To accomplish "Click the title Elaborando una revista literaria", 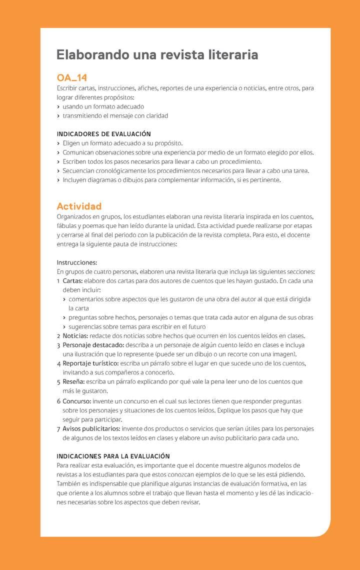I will (157, 55).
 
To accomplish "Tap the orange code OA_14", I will (72, 77).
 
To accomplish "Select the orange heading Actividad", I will (79, 206).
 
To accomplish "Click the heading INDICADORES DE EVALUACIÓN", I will (103, 134).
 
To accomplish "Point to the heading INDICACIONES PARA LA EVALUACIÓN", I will (113, 456).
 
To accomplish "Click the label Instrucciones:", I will (76, 262).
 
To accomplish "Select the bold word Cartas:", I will (72, 280).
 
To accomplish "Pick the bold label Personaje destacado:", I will (93, 345).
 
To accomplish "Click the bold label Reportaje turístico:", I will (90, 363).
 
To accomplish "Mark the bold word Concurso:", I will (76, 401).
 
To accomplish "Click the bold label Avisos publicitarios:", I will (91, 428).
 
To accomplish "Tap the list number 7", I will (58, 429).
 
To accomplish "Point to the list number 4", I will (58, 363).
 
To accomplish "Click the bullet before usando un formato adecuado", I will (58, 106).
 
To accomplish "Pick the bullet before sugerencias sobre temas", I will (64, 326).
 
